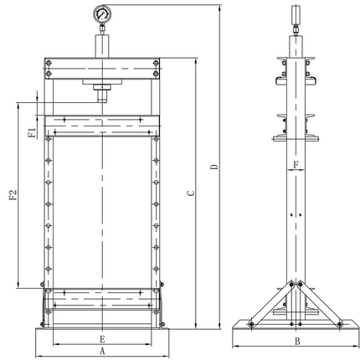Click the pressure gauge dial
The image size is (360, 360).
point(102,13)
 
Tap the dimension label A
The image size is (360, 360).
point(102,351)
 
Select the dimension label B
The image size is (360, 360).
point(297,341)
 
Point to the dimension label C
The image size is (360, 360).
point(191,193)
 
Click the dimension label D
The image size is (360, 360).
point(214,167)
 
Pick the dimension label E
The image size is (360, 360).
point(102,339)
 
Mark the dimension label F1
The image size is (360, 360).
point(33,132)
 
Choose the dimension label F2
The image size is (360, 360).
point(13,195)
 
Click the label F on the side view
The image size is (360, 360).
point(296,165)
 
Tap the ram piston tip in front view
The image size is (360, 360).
point(102,98)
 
